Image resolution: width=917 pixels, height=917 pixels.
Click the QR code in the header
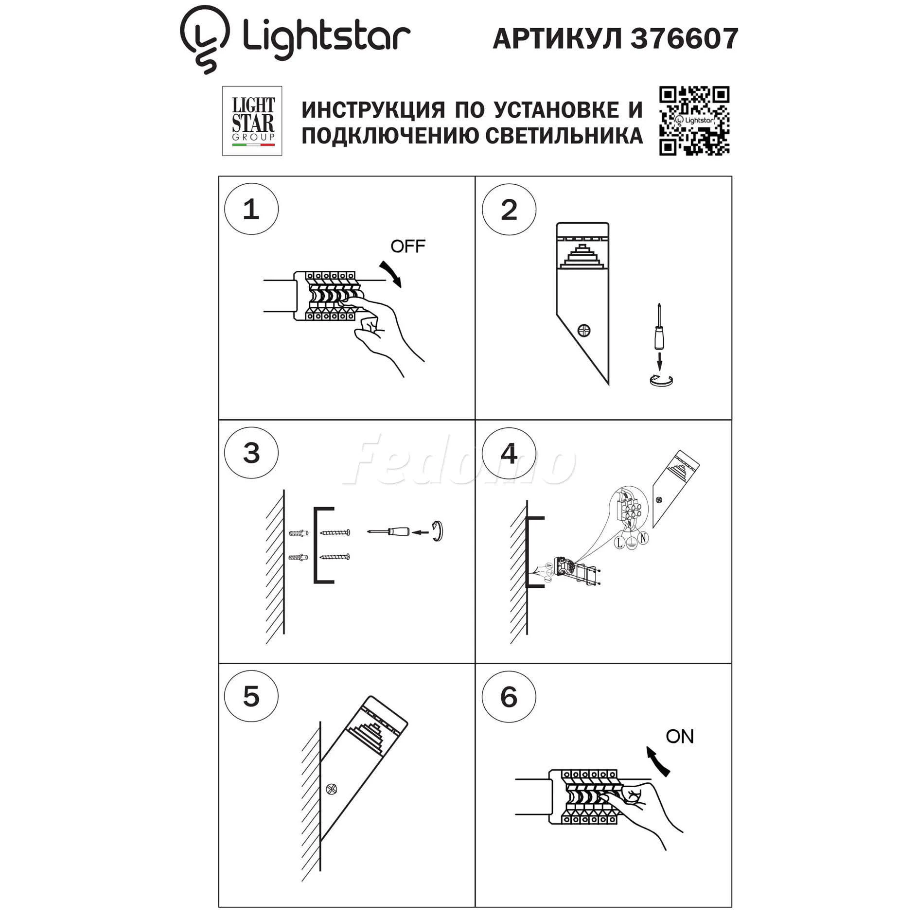click(x=694, y=121)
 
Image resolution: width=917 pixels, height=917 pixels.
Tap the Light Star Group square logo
click(x=252, y=121)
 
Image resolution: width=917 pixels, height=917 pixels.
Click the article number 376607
click(x=684, y=39)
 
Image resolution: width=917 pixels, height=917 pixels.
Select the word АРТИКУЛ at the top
click(x=557, y=39)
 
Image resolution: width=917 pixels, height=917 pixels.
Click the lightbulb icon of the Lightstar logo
click(x=204, y=39)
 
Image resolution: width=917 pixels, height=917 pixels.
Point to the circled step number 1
click(x=251, y=209)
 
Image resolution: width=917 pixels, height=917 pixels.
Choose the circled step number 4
click(x=509, y=454)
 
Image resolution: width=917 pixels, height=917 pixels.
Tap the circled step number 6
click(x=509, y=697)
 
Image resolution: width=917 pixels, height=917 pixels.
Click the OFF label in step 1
click(x=407, y=247)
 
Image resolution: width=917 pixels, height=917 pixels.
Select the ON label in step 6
click(x=680, y=737)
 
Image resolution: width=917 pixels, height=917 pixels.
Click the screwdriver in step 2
click(x=659, y=326)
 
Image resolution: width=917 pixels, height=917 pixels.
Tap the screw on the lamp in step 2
click(x=583, y=331)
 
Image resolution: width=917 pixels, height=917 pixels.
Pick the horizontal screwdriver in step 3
click(x=388, y=531)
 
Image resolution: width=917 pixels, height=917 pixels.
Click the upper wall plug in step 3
click(x=299, y=533)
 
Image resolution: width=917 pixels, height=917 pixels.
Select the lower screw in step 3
click(x=335, y=557)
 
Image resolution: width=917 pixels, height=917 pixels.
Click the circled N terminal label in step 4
click(x=643, y=538)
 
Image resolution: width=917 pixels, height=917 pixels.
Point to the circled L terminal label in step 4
click(x=619, y=542)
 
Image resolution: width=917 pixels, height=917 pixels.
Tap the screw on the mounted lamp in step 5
click(x=331, y=790)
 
